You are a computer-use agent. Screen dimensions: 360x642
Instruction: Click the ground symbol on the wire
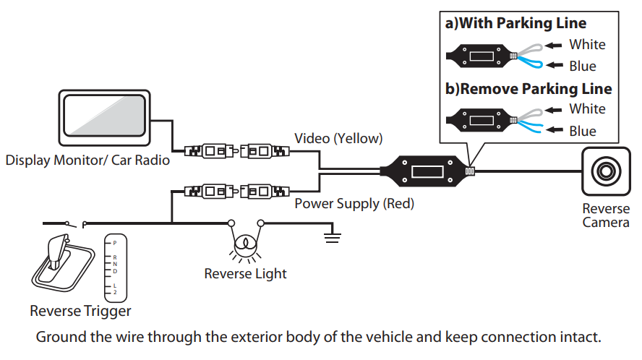click(x=332, y=236)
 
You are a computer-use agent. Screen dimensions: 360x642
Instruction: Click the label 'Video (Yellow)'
click(x=338, y=138)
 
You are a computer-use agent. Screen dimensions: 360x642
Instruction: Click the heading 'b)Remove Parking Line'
click(x=528, y=89)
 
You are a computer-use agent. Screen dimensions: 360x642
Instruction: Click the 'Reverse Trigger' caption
click(x=80, y=311)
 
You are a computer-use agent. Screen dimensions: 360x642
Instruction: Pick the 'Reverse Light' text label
click(x=245, y=273)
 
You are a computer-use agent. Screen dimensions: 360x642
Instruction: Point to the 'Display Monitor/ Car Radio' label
click(x=87, y=160)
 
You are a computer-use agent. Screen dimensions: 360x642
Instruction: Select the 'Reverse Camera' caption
click(x=606, y=215)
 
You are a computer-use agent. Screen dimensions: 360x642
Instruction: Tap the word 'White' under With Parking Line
click(x=587, y=45)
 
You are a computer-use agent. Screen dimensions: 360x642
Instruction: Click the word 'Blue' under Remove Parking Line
click(x=583, y=131)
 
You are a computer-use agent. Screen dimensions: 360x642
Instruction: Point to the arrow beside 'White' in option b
click(x=554, y=110)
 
